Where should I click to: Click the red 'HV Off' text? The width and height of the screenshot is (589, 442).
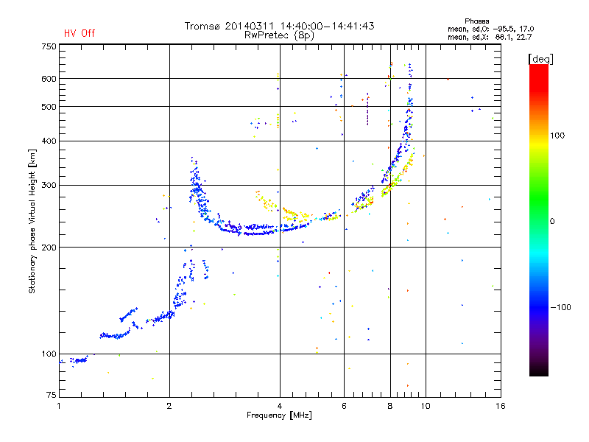pyautogui.click(x=80, y=33)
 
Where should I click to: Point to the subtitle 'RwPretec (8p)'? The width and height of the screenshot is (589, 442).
pyautogui.click(x=279, y=35)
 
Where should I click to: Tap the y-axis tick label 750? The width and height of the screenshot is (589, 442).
pyautogui.click(x=49, y=46)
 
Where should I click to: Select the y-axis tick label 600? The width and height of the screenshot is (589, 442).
pyautogui.click(x=49, y=79)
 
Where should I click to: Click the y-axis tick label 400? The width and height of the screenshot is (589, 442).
pyautogui.click(x=49, y=141)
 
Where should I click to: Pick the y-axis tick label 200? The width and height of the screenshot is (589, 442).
pyautogui.click(x=49, y=248)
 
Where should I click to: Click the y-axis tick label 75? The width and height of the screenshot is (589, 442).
pyautogui.click(x=51, y=395)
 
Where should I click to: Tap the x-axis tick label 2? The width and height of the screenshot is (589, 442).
pyautogui.click(x=169, y=406)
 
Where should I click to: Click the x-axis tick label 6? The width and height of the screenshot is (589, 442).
pyautogui.click(x=344, y=406)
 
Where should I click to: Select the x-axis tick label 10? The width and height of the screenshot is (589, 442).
pyautogui.click(x=426, y=406)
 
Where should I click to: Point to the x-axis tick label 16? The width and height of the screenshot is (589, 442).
pyautogui.click(x=501, y=406)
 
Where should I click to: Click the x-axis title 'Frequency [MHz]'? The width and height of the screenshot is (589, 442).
pyautogui.click(x=279, y=415)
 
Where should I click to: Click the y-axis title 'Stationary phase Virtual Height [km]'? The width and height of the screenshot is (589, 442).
pyautogui.click(x=32, y=221)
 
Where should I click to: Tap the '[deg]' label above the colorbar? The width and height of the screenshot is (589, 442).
pyautogui.click(x=540, y=60)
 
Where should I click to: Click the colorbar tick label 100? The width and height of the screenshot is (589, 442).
pyautogui.click(x=557, y=136)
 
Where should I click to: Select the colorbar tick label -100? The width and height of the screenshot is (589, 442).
pyautogui.click(x=561, y=307)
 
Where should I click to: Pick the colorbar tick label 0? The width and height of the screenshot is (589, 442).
pyautogui.click(x=553, y=222)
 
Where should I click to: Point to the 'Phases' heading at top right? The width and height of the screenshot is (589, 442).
pyautogui.click(x=476, y=21)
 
